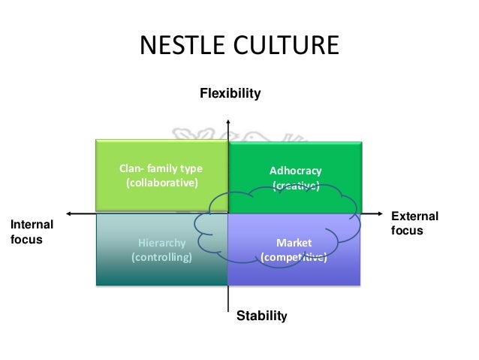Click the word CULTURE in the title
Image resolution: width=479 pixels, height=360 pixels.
(x=288, y=46)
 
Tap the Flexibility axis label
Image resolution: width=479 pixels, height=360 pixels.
(x=229, y=94)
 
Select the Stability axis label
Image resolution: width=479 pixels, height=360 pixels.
(x=261, y=316)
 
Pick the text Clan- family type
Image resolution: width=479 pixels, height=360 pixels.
(x=161, y=167)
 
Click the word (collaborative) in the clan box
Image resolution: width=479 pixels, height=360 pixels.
(x=161, y=182)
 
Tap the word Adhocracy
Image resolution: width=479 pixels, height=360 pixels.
(x=295, y=171)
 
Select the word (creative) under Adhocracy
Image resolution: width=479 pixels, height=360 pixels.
(x=295, y=186)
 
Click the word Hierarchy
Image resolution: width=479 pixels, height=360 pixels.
(x=161, y=243)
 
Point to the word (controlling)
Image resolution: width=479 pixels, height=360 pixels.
(x=161, y=257)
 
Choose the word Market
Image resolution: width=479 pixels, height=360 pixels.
(x=294, y=243)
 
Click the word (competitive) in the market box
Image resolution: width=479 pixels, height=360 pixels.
(x=294, y=257)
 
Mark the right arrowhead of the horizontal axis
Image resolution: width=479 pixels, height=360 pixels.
(x=386, y=213)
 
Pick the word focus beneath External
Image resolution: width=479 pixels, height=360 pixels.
(x=408, y=231)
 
